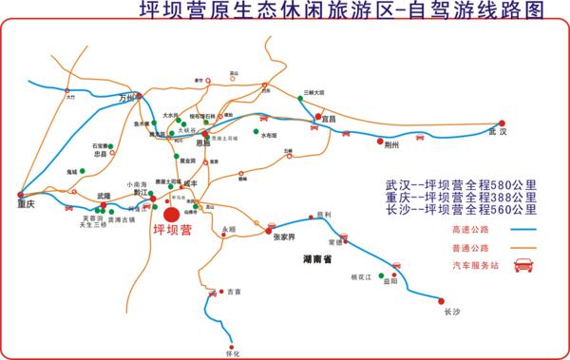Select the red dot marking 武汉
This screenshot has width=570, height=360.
tap(503, 123)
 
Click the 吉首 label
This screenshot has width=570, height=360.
tap(235, 293)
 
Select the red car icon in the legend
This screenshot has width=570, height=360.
tap(522, 266)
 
